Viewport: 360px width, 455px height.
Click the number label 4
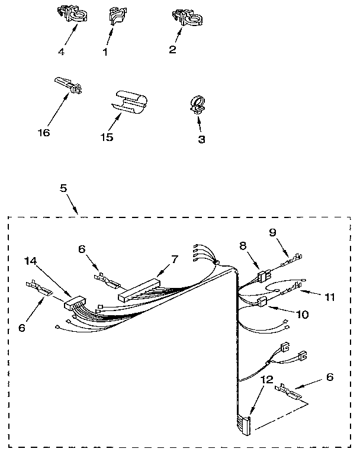coord(60,51)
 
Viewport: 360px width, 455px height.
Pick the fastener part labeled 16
coord(70,86)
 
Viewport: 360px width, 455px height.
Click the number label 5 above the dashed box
coord(63,188)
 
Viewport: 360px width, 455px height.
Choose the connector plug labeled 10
coord(261,303)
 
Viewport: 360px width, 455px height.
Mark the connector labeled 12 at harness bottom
coord(244,424)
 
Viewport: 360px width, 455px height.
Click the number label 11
coord(329,297)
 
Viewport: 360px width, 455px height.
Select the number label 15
coord(107,137)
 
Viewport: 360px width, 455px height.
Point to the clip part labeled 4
coord(71,17)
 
